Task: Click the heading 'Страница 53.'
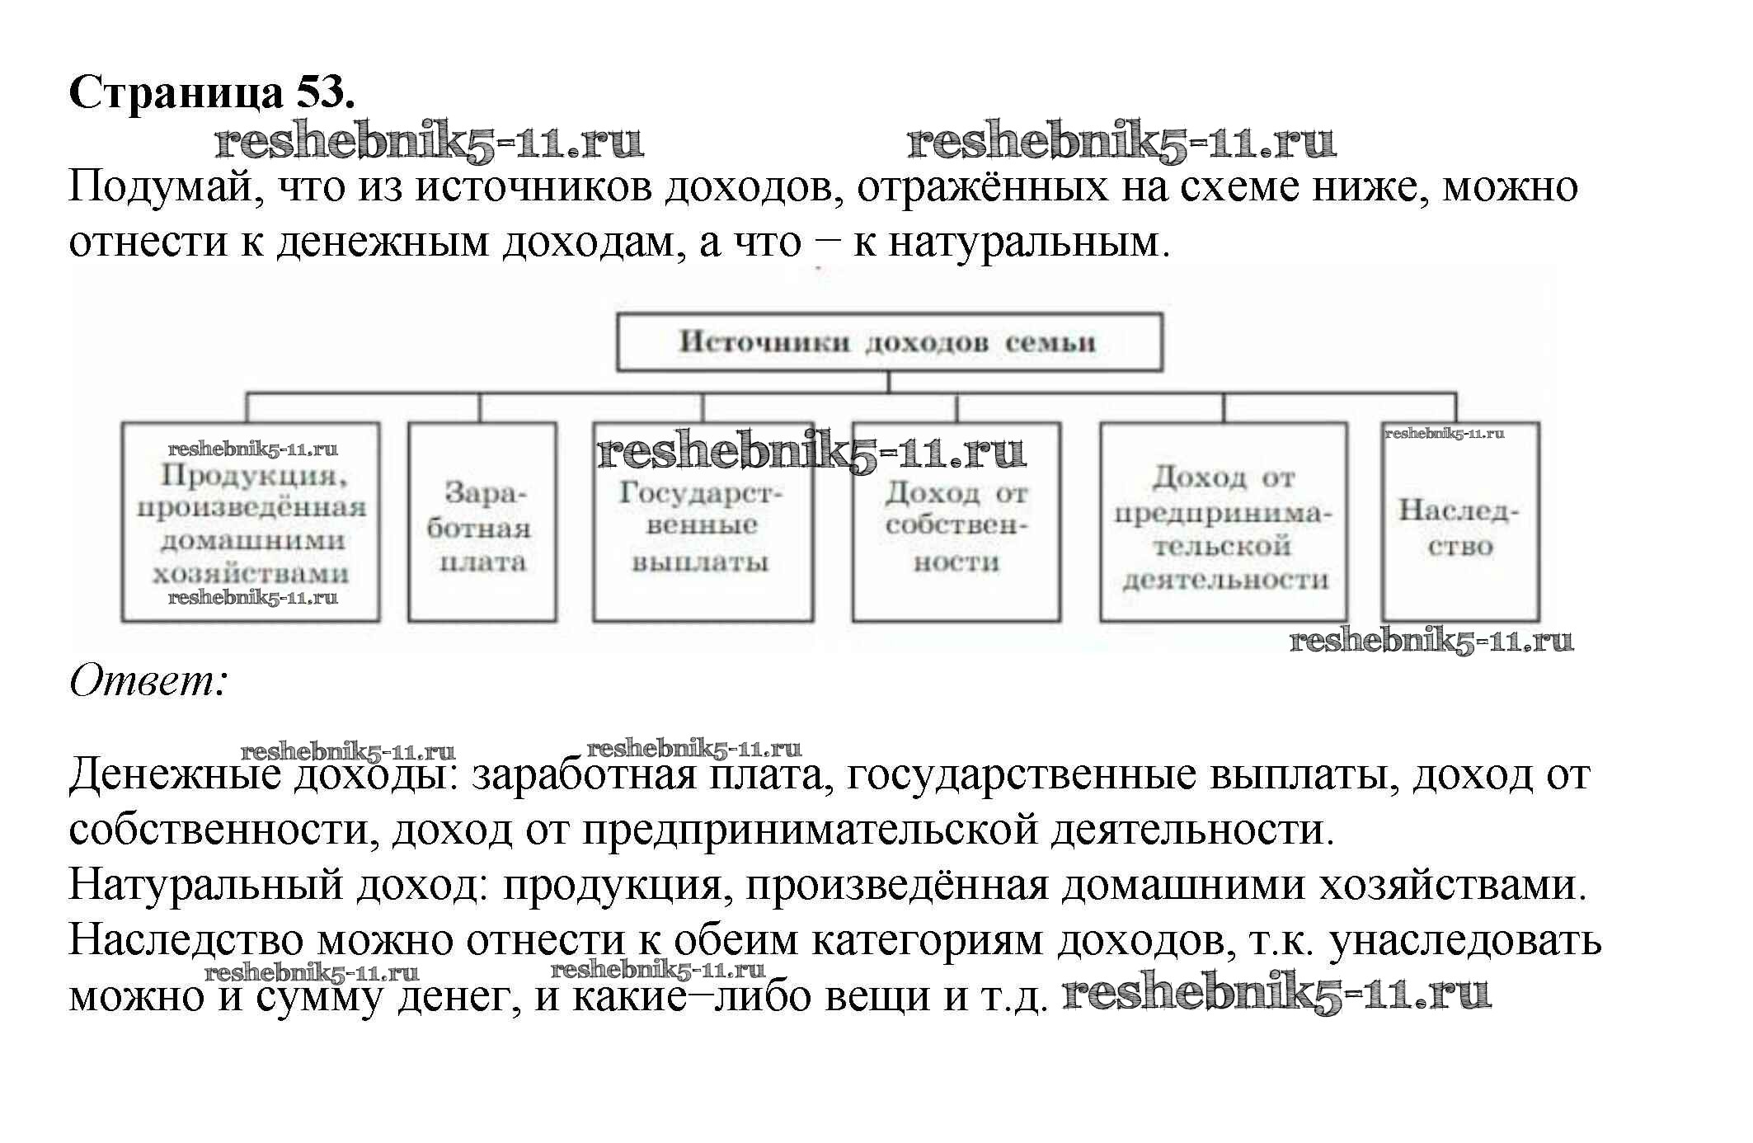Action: [x=212, y=93]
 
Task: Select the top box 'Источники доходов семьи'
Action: [x=889, y=341]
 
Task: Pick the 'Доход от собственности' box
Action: [x=956, y=528]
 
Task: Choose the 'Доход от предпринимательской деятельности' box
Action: [x=1223, y=528]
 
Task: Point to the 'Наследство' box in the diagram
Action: [x=1459, y=528]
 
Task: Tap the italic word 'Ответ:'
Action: [x=148, y=682]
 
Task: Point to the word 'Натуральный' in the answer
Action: [x=205, y=886]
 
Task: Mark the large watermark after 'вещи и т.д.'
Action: [x=1276, y=994]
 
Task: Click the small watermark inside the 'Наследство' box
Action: [x=1444, y=433]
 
